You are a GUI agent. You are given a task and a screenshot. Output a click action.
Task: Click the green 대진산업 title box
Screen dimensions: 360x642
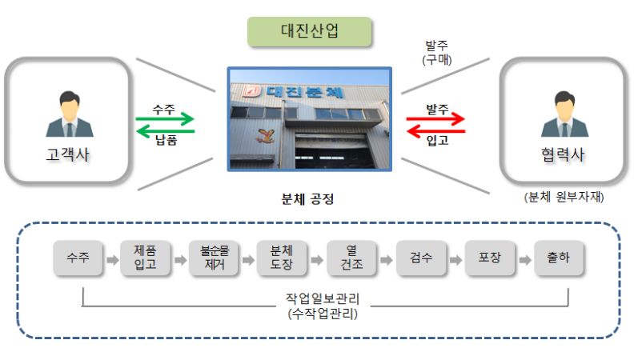tap(310, 31)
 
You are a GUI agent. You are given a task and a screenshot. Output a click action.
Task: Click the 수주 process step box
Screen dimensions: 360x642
tap(78, 258)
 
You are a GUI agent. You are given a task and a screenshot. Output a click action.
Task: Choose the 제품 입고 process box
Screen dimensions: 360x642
tap(146, 258)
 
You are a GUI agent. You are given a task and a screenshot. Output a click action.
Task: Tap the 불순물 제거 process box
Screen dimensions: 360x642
tap(214, 258)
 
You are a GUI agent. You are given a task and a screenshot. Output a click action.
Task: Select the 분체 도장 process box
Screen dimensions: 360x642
tap(282, 258)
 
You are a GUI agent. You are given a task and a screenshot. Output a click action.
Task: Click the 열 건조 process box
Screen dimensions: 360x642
tap(351, 258)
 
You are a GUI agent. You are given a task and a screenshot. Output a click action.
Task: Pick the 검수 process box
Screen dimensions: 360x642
tap(421, 258)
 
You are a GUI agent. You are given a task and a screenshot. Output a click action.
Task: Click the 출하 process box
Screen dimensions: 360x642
tap(559, 258)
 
